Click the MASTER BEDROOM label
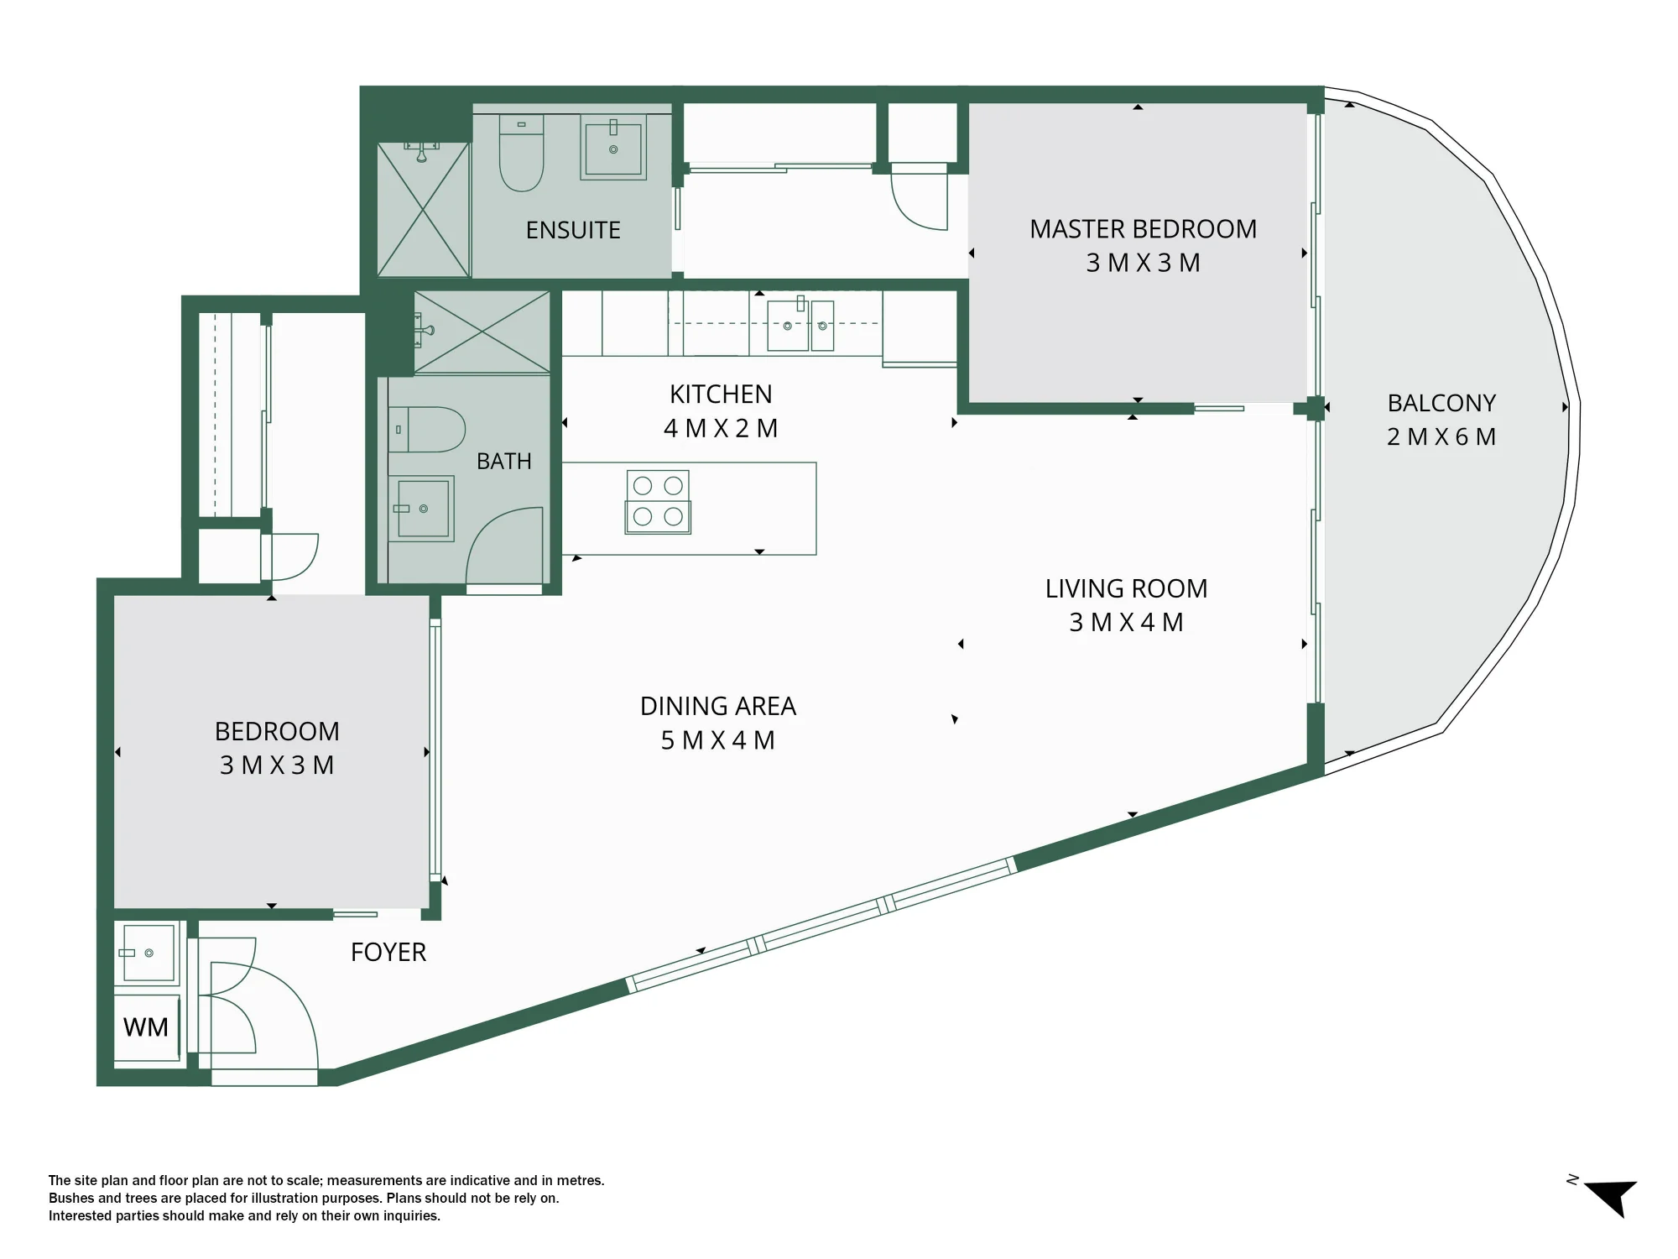pos(1143,229)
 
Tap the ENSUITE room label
pos(573,230)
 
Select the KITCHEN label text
pos(721,394)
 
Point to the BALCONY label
pos(1441,403)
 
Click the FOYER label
pos(388,952)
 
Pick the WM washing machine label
pos(146,1027)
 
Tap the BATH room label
pos(504,461)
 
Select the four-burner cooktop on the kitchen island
pos(658,502)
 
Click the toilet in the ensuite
pos(521,153)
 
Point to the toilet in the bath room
pos(427,430)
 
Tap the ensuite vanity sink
pos(613,148)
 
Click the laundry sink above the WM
pos(149,953)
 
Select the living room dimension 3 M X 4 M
pos(1126,622)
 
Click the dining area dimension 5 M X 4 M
pos(717,740)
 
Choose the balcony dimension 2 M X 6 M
pos(1441,436)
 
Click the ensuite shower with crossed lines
pos(423,210)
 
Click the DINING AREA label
pos(717,706)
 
